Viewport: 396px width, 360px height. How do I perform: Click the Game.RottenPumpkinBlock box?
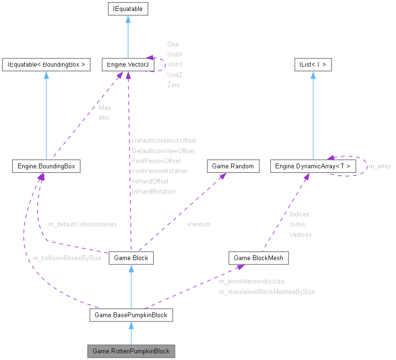(131, 351)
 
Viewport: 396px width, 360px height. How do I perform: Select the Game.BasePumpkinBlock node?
(131, 315)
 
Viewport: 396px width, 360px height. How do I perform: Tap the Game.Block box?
(131, 258)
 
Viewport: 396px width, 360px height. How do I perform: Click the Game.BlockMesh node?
(259, 258)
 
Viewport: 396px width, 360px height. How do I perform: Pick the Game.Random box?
(233, 166)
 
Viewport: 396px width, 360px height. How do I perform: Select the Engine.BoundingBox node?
(46, 166)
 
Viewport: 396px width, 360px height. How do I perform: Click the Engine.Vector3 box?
(126, 65)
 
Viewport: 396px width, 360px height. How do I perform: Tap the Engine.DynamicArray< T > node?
(313, 166)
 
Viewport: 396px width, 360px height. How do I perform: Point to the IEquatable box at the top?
(127, 9)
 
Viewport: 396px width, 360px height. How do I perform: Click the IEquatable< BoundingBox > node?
(46, 65)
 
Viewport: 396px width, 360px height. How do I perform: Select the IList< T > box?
(312, 65)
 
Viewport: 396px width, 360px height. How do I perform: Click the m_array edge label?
(380, 166)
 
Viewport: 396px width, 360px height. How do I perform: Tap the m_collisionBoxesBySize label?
(67, 258)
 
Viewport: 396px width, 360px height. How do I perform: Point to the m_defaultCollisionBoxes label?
(82, 224)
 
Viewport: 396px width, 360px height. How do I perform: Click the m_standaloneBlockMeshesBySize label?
(267, 292)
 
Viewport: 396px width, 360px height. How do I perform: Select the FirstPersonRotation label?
(159, 171)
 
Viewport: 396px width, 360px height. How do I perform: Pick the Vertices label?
(300, 234)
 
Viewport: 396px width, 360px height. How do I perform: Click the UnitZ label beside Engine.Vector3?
(174, 75)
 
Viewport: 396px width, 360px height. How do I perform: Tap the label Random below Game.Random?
(198, 224)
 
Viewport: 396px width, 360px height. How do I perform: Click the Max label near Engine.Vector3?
(105, 107)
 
